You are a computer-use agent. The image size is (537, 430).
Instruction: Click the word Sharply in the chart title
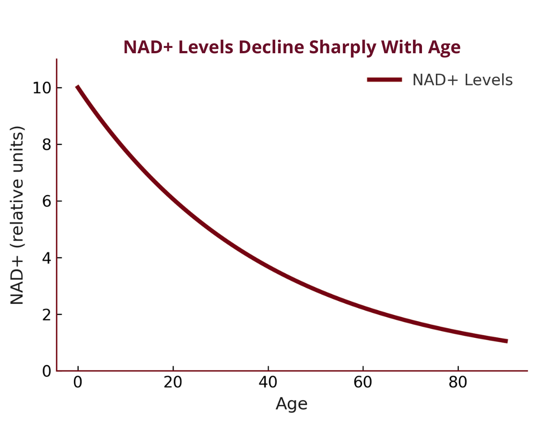(343, 47)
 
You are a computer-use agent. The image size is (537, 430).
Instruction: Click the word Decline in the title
(272, 47)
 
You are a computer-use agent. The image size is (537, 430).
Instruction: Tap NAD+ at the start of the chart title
(148, 47)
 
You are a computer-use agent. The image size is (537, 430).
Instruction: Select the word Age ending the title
(444, 48)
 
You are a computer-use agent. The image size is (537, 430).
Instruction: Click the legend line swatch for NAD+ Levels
(384, 80)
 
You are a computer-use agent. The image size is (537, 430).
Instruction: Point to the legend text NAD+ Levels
(463, 80)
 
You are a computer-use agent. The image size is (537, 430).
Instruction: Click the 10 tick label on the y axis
(42, 88)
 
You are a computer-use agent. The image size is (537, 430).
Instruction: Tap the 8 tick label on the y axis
(47, 144)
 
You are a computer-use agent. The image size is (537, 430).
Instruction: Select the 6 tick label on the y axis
(47, 201)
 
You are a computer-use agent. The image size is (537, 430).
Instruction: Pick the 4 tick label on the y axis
(47, 258)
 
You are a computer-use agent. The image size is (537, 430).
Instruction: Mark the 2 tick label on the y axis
(47, 315)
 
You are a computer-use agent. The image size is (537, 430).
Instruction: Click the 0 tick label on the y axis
(47, 371)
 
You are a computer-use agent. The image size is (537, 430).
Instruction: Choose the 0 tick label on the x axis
(78, 382)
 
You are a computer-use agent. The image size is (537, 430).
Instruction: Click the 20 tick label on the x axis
(173, 382)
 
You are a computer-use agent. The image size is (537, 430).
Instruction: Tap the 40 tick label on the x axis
(268, 382)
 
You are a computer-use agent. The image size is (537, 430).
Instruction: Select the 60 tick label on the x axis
(363, 382)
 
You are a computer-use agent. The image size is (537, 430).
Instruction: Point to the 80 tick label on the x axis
(458, 382)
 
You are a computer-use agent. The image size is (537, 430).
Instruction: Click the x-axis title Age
(291, 404)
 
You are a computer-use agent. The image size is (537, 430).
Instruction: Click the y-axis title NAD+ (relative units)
(17, 215)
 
